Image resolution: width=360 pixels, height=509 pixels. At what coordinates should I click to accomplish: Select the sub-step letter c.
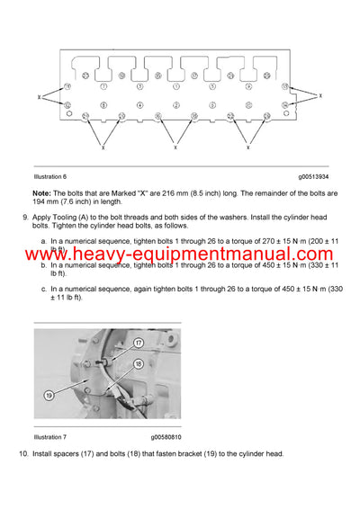[x=45, y=289]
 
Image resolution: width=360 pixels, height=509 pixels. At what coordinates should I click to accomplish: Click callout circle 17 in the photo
[x=139, y=343]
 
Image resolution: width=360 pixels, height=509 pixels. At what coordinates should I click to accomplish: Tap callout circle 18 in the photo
[x=138, y=364]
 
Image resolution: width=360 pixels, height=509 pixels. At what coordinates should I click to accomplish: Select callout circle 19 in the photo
[x=48, y=393]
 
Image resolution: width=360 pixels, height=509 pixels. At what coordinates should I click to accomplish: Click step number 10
[x=24, y=453]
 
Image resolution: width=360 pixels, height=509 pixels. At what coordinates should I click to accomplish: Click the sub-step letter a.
[x=45, y=242]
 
